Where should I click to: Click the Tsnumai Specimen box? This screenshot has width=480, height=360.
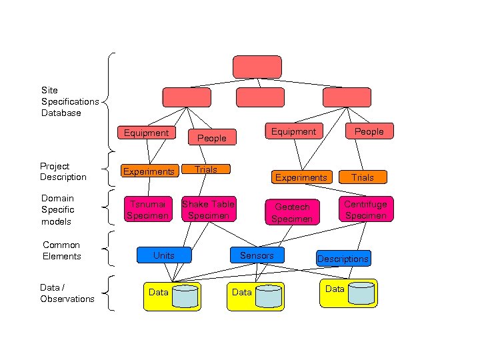[147, 209]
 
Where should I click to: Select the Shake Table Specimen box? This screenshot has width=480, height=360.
[208, 209]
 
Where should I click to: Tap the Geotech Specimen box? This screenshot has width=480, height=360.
[292, 212]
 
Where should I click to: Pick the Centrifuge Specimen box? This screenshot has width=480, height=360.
[365, 209]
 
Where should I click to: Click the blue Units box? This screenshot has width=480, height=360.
[164, 255]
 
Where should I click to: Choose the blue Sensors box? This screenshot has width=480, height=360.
[257, 255]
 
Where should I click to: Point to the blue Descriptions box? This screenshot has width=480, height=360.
[343, 259]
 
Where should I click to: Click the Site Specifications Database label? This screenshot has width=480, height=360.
[69, 101]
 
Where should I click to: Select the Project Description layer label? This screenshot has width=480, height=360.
[63, 171]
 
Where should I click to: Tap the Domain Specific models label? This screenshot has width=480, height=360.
[58, 209]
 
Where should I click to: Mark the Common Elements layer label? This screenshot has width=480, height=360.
[61, 251]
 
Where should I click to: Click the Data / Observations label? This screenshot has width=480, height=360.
[67, 293]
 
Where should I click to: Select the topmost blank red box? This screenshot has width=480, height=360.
[257, 67]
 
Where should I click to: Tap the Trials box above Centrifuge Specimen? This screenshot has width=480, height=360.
[363, 177]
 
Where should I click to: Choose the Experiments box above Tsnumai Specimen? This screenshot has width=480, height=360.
[148, 171]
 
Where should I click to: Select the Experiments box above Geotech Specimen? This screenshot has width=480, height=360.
[301, 177]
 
